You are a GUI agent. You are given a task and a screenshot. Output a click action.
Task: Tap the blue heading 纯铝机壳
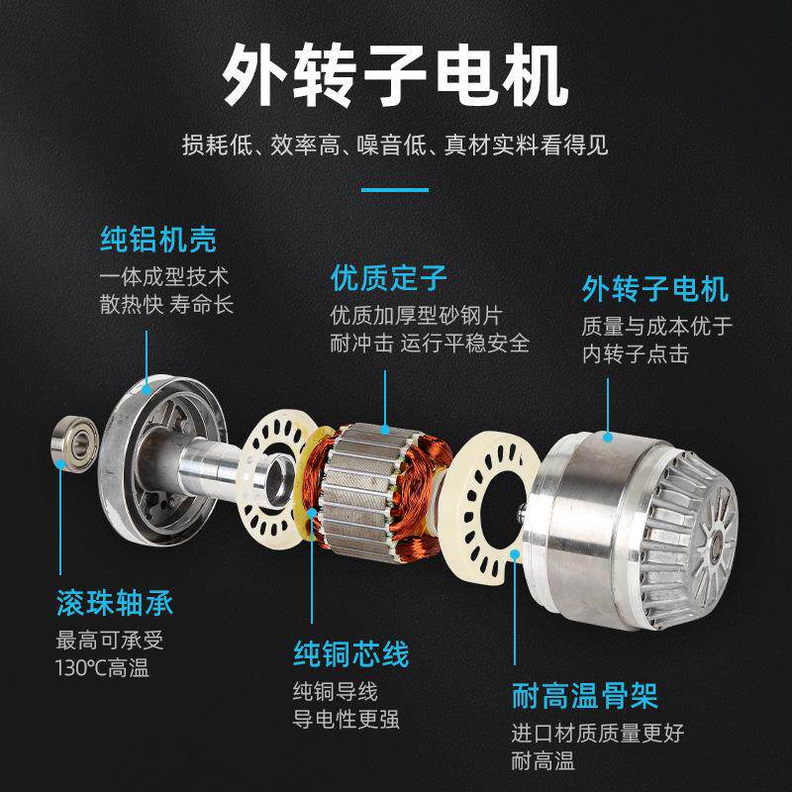point(158,239)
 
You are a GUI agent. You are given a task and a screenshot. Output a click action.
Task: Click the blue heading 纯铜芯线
point(351,654)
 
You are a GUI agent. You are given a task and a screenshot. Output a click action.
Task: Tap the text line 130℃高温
point(102,668)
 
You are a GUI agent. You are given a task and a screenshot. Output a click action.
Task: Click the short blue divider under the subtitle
point(395,188)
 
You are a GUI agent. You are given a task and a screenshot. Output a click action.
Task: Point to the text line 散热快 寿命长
point(166,303)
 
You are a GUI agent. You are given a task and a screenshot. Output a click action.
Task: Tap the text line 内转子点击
point(636,353)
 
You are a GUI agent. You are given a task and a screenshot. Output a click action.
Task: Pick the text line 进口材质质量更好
point(597,734)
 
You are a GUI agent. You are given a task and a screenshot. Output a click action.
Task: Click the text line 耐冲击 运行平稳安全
point(431,344)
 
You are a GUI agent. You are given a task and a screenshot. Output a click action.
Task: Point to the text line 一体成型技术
point(164,275)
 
